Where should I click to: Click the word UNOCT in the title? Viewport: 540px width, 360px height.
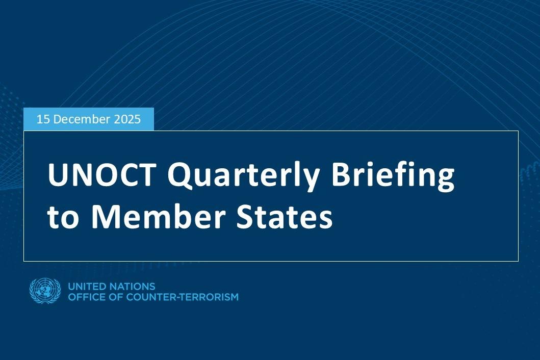[x=102, y=176]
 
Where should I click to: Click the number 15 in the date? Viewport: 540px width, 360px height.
[x=43, y=119]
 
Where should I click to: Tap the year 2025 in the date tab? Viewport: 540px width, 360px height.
[x=127, y=119]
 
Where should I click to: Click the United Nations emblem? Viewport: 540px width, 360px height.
[x=45, y=291]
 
